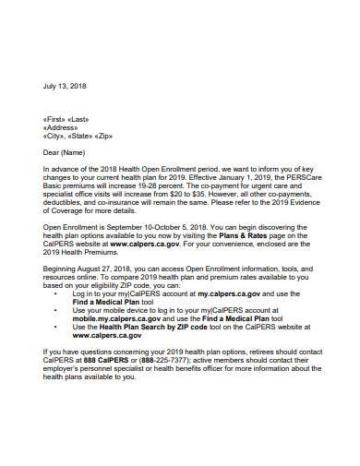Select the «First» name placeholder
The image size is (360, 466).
click(55, 120)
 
